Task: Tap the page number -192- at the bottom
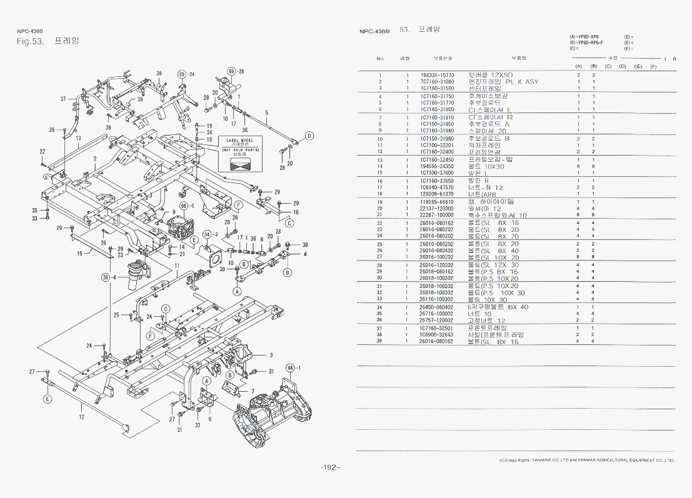coord(330,467)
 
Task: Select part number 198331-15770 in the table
coord(437,75)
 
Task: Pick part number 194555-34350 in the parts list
coord(437,166)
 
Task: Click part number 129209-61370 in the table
coord(437,194)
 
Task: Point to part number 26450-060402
coord(437,307)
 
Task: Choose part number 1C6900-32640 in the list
coord(437,335)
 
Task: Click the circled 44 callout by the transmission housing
coord(290,367)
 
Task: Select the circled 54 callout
coord(207,234)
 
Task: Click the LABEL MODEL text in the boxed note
coord(241,140)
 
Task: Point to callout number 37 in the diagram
coord(63,99)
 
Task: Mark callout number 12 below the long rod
coord(82,417)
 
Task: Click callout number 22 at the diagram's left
coord(42,152)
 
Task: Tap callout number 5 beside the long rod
coord(266,113)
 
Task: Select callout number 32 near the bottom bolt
coord(198,426)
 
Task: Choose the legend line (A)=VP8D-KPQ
coord(584,37)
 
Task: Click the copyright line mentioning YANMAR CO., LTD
coord(586,460)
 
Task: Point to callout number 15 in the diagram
coord(79,254)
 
